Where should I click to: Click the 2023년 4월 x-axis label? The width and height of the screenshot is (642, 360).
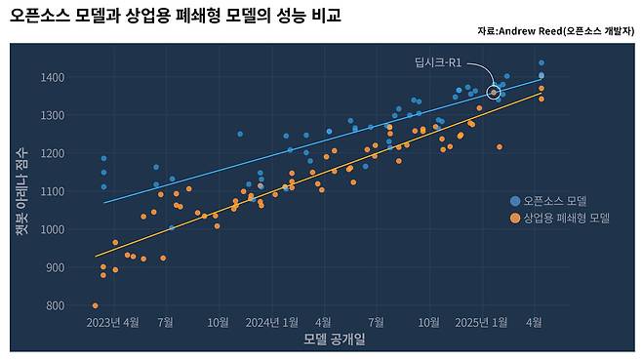[113, 321]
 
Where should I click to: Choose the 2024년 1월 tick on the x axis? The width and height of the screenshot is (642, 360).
[272, 321]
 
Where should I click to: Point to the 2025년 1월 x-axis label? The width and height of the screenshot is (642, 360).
[482, 321]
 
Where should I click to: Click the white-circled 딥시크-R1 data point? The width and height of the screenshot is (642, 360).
[494, 93]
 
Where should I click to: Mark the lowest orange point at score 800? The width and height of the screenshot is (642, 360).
[95, 305]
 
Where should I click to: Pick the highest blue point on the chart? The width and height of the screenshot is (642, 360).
[542, 62]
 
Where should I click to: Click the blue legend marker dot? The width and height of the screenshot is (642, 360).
[515, 201]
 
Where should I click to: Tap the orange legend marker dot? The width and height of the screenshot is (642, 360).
[515, 218]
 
